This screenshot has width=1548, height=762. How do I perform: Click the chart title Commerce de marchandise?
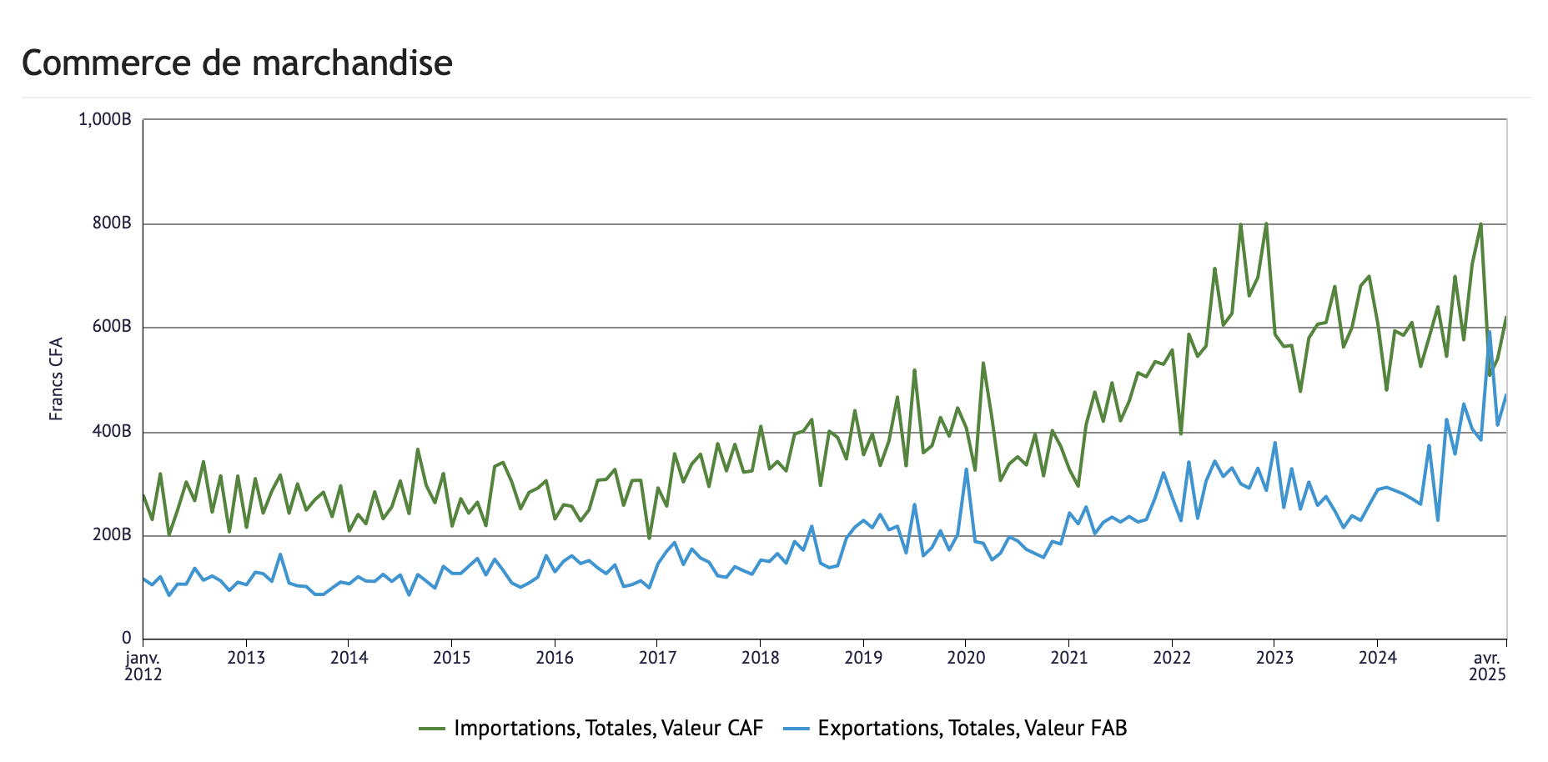237,63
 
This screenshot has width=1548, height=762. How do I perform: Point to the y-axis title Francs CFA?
56,378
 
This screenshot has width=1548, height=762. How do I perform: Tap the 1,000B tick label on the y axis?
104,120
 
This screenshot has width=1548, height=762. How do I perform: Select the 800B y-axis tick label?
112,223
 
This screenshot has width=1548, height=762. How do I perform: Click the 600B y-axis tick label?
112,327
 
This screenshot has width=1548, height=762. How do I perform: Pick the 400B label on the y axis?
112,432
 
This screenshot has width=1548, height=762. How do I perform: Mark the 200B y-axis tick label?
112,535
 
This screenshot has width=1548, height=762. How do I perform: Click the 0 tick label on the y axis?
127,639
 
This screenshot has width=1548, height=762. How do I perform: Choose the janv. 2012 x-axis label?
143,666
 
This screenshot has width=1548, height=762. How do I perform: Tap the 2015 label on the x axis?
451,659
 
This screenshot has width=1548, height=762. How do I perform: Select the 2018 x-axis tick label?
760,659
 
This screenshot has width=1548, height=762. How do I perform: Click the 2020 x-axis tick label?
966,659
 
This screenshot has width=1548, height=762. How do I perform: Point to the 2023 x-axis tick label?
1274,659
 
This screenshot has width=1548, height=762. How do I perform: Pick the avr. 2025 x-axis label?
1488,666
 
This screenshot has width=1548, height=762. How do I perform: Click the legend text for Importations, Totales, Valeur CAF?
608,729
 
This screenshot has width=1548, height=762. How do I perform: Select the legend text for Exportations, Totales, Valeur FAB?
973,729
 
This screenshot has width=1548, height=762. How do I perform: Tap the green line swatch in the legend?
432,729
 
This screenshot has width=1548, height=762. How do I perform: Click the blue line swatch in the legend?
797,729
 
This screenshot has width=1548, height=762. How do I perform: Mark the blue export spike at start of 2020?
967,469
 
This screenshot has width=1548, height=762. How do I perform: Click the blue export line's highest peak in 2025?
1490,332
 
